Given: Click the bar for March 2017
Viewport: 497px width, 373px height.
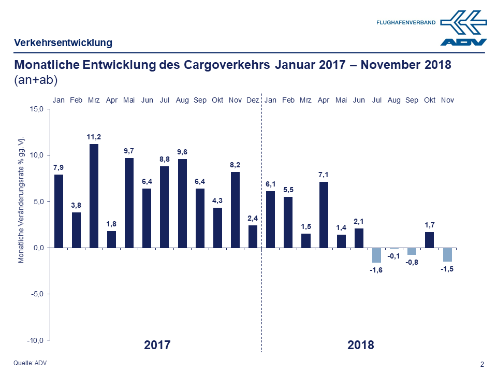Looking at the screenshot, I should pyautogui.click(x=94, y=196).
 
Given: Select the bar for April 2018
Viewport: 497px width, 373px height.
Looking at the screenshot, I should pyautogui.click(x=324, y=214).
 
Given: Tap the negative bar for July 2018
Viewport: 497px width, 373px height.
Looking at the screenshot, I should pyautogui.click(x=376, y=255).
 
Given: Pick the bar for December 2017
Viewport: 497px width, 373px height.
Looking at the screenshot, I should pyautogui.click(x=253, y=236).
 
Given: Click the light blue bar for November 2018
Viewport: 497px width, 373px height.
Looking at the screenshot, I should pyautogui.click(x=447, y=254).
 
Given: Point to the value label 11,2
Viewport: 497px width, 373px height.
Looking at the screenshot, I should pyautogui.click(x=94, y=137).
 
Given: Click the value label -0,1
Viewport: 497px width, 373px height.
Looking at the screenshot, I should pyautogui.click(x=394, y=256).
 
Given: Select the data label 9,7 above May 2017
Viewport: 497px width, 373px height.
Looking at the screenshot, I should pyautogui.click(x=129, y=151).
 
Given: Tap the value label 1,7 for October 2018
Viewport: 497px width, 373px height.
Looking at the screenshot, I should pyautogui.click(x=430, y=224).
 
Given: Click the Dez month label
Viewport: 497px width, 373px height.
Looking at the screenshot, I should pyautogui.click(x=253, y=100).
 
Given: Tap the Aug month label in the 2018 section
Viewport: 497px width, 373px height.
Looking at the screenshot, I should pyautogui.click(x=394, y=100).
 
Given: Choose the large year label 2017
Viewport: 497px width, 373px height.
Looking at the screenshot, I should pyautogui.click(x=157, y=345).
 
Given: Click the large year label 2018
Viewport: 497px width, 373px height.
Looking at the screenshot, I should pyautogui.click(x=361, y=345).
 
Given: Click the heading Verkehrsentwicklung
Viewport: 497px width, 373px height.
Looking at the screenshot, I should pyautogui.click(x=63, y=43).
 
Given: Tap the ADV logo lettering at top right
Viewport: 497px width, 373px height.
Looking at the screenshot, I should pyautogui.click(x=463, y=42).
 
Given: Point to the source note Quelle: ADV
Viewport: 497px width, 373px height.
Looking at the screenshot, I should pyautogui.click(x=30, y=363).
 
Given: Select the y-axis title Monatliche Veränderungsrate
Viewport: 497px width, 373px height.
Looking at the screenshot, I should pyautogui.click(x=22, y=200).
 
